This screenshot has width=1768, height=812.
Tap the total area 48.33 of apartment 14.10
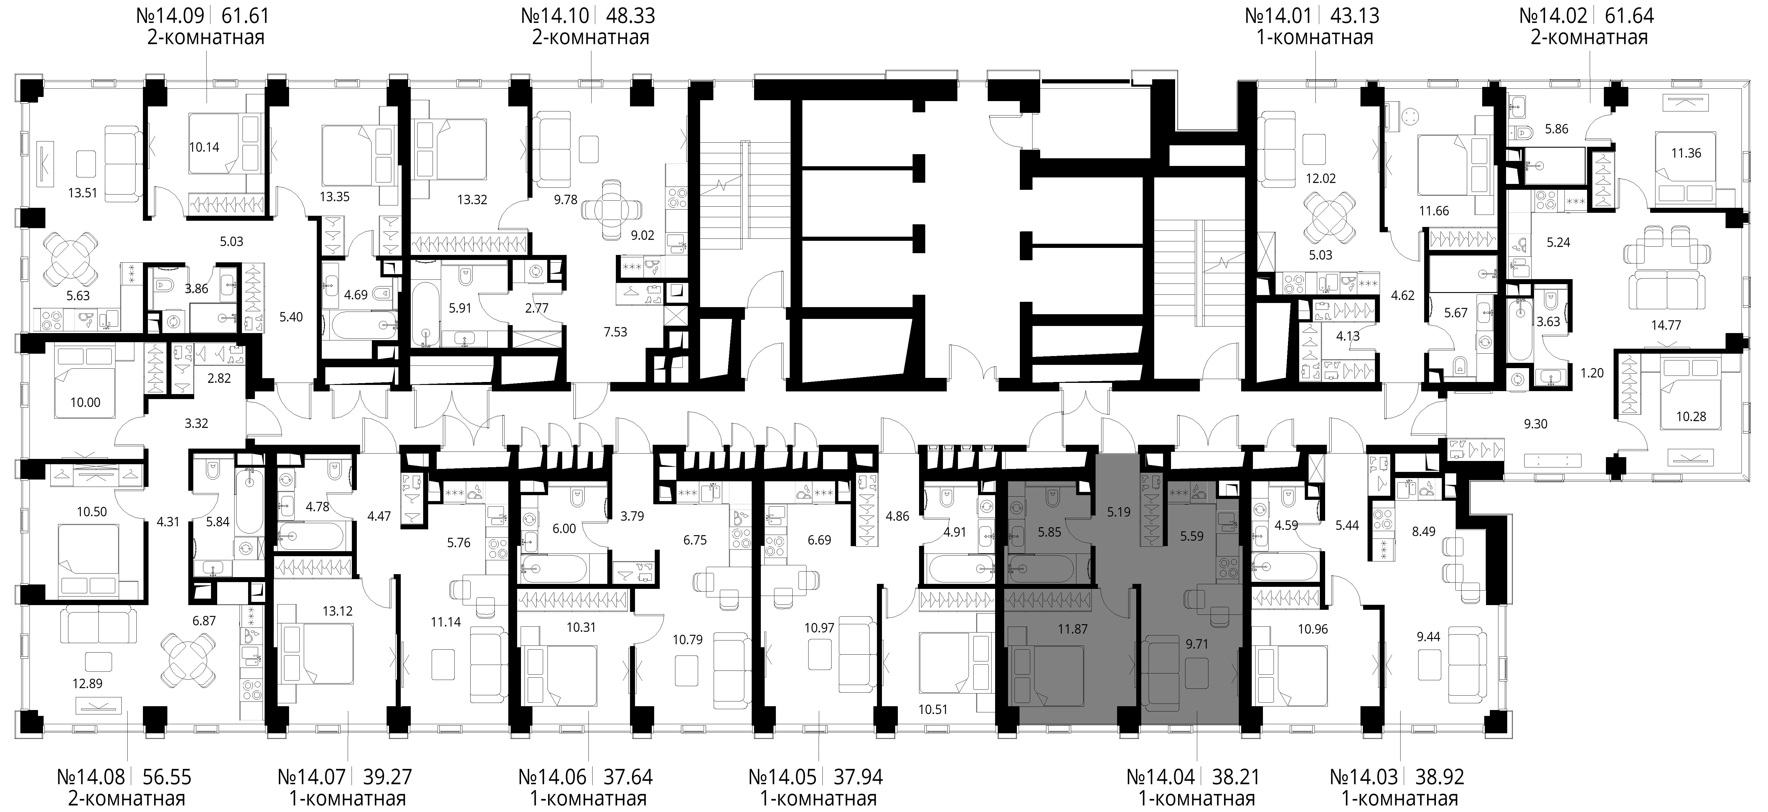[x=630, y=15]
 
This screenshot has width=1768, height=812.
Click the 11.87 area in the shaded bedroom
[x=1073, y=629]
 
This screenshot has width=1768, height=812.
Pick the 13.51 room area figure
[x=83, y=193]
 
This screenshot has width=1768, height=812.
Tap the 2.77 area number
[x=537, y=308]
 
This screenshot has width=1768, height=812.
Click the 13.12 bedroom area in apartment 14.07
[x=338, y=611]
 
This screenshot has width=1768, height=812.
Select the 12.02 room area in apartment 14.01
[x=1320, y=178]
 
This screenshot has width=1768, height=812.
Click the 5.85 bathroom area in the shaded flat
[x=1049, y=532]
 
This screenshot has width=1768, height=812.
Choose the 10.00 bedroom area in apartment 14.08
[x=85, y=403]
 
